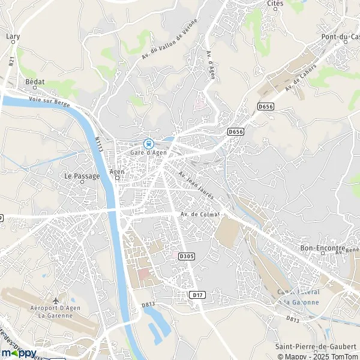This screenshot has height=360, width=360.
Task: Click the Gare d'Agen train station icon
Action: coord(148,143)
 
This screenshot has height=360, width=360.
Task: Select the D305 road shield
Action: coord(187,256)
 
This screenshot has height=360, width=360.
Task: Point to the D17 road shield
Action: coord(197,295)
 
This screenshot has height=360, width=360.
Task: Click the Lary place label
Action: coord(13,37)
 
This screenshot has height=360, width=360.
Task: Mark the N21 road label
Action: coord(11,60)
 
